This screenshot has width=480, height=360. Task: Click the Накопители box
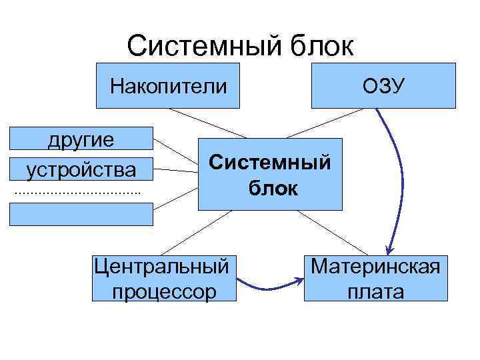pyautogui.click(x=168, y=86)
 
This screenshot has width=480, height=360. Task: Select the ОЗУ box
pyautogui.click(x=383, y=86)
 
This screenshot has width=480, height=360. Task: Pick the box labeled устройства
pyautogui.click(x=81, y=169)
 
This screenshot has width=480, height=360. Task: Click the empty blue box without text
pyautogui.click(x=81, y=214)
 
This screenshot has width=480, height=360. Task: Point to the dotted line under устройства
pyautogui.click(x=77, y=193)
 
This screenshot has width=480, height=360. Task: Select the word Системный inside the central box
pyautogui.click(x=269, y=162)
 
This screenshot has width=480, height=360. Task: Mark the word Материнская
pyautogui.click(x=375, y=266)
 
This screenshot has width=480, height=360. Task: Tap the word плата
pyautogui.click(x=375, y=291)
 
